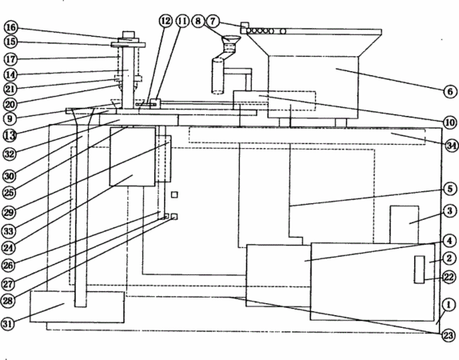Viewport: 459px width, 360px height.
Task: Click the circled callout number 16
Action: pyautogui.click(x=11, y=27)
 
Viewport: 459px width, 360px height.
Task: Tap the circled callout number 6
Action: pyautogui.click(x=450, y=92)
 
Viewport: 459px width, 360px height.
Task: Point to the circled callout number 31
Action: pyautogui.click(x=8, y=324)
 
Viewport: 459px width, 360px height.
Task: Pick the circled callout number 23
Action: pyautogui.click(x=449, y=335)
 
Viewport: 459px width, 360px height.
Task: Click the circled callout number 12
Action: pyautogui.click(x=166, y=21)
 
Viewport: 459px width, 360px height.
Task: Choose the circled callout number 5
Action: pyautogui.click(x=450, y=189)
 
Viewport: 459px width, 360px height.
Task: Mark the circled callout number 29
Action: pyautogui.click(x=9, y=212)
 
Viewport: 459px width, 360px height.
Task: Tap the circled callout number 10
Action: pyautogui.click(x=450, y=122)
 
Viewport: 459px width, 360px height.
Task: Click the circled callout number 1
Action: pyautogui.click(x=449, y=305)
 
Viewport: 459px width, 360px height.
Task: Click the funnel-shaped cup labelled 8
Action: pyautogui.click(x=230, y=39)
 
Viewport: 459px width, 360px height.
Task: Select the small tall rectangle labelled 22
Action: pyautogui.click(x=419, y=270)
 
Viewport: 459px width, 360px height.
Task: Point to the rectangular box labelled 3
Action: pyautogui.click(x=404, y=224)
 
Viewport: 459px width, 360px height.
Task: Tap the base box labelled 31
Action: pyautogui.click(x=77, y=307)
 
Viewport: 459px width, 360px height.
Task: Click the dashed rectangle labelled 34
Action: pyautogui.click(x=307, y=135)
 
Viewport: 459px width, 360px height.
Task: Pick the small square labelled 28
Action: pyautogui.click(x=174, y=217)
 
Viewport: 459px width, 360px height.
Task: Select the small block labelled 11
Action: pyautogui.click(x=155, y=103)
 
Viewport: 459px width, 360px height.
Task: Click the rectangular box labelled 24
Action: pyautogui.click(x=132, y=157)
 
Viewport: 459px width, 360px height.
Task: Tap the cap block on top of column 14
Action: pyautogui.click(x=128, y=34)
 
